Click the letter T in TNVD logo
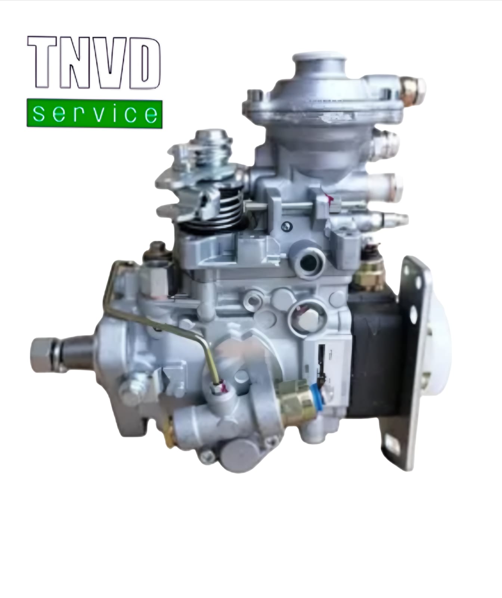coord(44,62)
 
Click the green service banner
coord(94,114)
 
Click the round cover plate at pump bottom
coord(238,455)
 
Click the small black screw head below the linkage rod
coord(286,225)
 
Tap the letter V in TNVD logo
coord(109,62)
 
